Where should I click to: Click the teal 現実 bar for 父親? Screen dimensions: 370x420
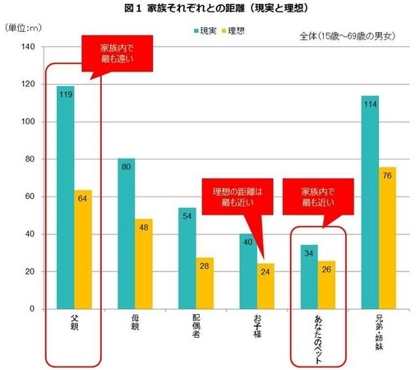(x=66, y=197)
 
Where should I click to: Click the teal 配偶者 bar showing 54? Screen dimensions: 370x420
(x=187, y=258)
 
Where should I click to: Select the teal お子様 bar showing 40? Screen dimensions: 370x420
(x=247, y=271)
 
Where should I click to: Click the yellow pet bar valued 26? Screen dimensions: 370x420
(x=326, y=284)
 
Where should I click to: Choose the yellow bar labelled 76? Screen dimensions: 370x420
(x=387, y=238)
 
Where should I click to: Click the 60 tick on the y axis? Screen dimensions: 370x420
(x=29, y=197)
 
